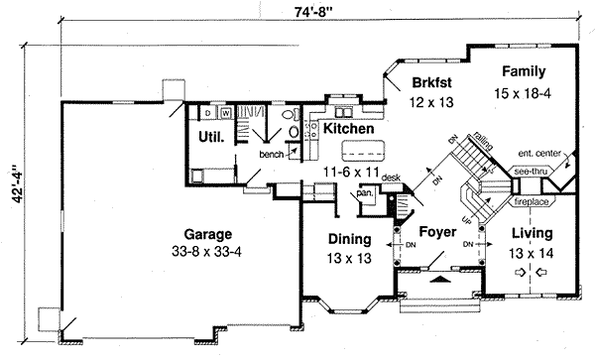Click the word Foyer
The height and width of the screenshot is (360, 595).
437,233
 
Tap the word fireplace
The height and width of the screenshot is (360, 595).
532,202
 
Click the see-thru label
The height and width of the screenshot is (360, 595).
530,172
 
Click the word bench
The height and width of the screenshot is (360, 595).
272,155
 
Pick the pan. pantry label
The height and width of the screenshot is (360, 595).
364,193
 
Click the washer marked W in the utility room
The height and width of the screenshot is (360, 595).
225,112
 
